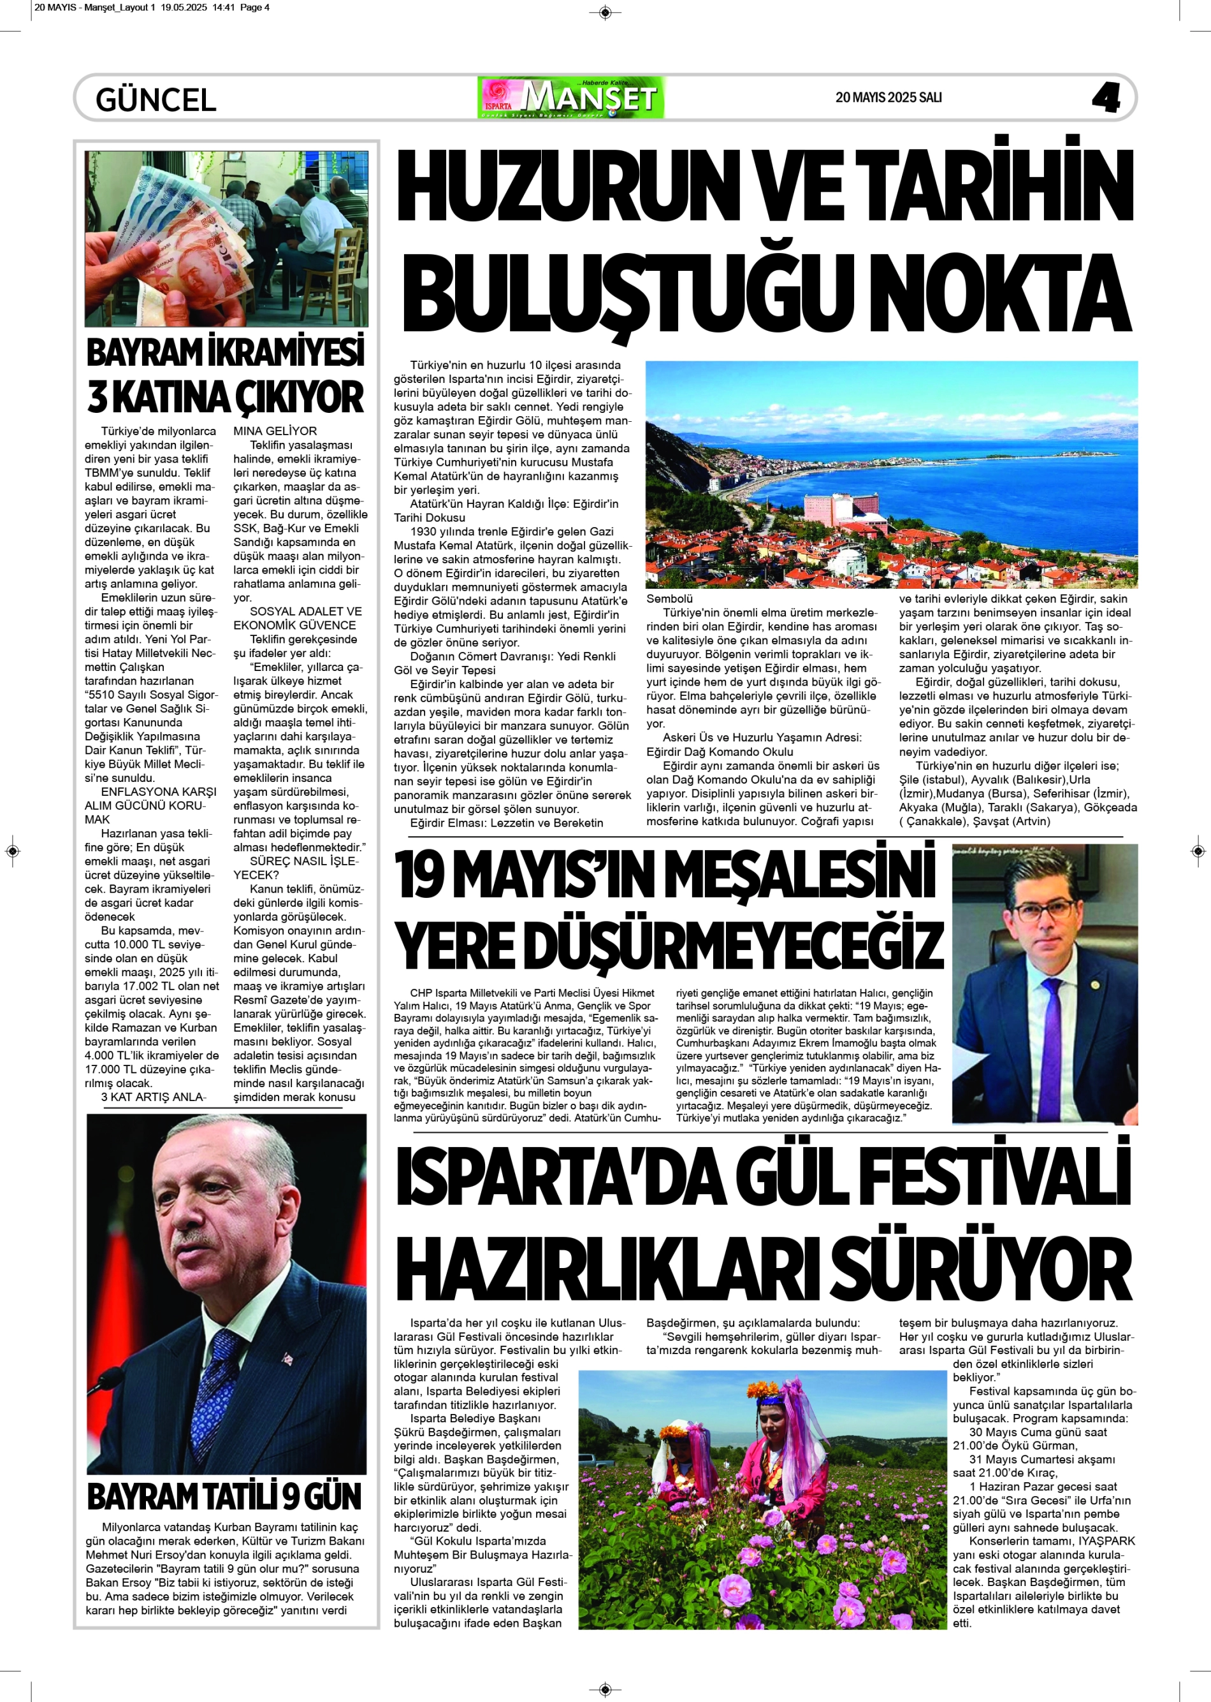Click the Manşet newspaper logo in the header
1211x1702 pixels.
570,97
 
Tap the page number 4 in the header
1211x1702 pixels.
1106,97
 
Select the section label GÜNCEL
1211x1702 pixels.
156,100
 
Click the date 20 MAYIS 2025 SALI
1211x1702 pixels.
888,97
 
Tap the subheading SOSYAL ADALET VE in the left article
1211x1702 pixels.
306,611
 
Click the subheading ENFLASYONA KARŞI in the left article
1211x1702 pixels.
159,791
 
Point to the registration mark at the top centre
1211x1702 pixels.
605,12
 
